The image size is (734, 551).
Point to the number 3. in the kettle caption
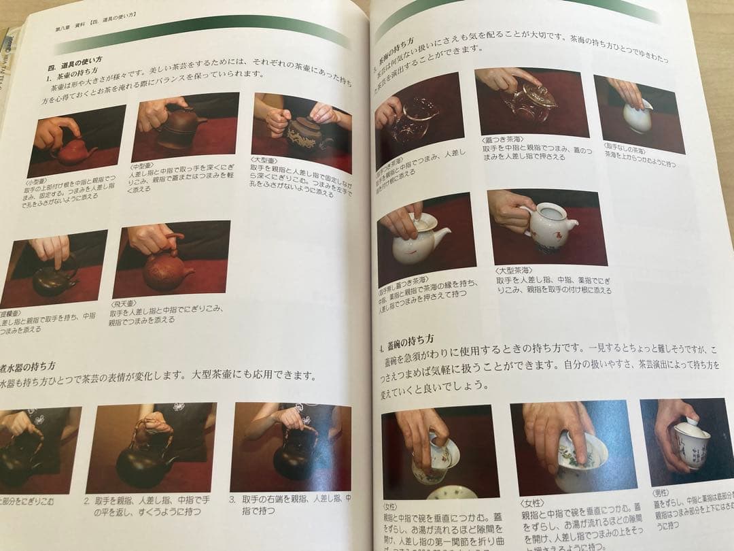[x=232, y=498]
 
